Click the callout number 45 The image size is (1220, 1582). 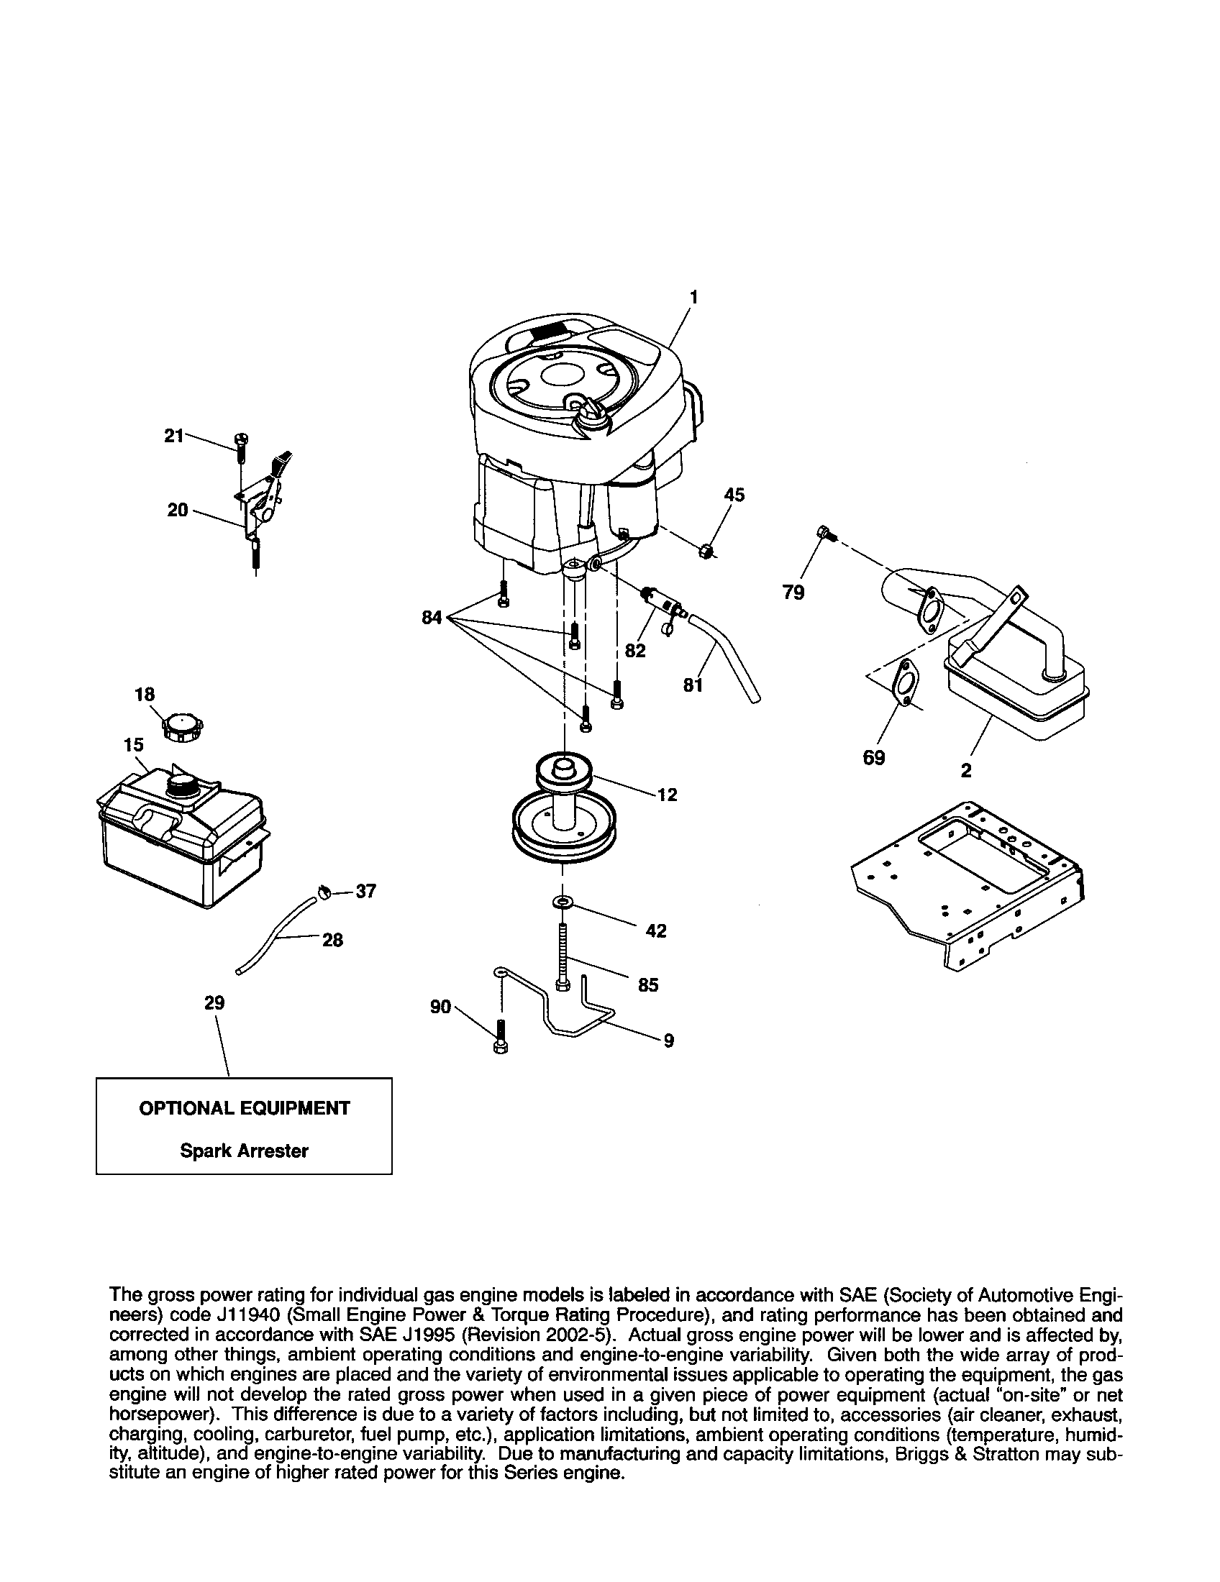click(x=734, y=495)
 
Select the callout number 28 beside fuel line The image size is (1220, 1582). click(x=332, y=941)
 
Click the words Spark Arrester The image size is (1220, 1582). click(x=243, y=1151)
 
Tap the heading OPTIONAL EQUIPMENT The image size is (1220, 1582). click(x=243, y=1108)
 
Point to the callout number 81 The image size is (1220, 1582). click(x=693, y=684)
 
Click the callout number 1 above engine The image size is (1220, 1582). click(x=693, y=297)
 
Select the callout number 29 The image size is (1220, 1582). click(x=214, y=1002)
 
